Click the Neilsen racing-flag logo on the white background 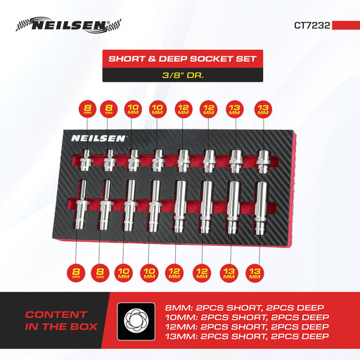point(68,25)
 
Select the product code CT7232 point(312,25)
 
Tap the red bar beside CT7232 point(346,25)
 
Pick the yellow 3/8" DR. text point(183,75)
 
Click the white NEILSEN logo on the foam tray point(98,139)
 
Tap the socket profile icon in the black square point(136,321)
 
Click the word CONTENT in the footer point(56,314)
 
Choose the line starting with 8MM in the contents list point(245,307)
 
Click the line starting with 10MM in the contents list point(247,317)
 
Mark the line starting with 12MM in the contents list point(247,327)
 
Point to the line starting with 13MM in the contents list point(247,336)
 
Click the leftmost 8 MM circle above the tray point(87,109)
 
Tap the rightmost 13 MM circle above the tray point(263,109)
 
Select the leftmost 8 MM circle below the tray point(76,273)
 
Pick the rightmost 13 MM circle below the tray point(255,273)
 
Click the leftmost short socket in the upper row point(86,160)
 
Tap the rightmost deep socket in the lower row point(261,208)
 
